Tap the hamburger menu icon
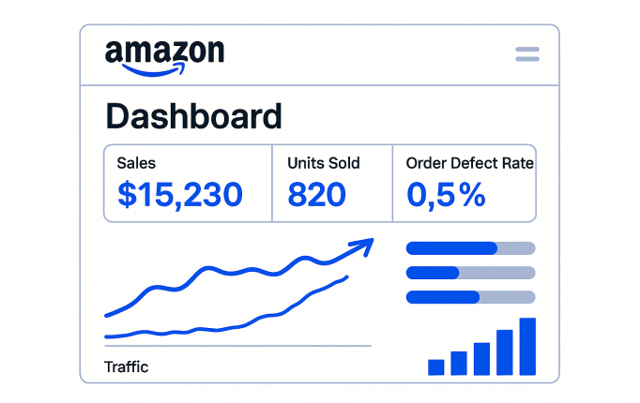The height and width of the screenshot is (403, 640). point(527,54)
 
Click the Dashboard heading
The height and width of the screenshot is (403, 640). point(193,116)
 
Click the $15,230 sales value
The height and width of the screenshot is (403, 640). point(180,194)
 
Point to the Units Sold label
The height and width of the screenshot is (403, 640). point(323,163)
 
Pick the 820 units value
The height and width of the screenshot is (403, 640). point(316,194)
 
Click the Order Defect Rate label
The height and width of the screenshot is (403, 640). point(469,163)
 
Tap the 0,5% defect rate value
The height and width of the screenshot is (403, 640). point(446,194)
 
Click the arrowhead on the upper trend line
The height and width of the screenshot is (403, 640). point(364,246)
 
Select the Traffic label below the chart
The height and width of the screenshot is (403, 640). point(126,366)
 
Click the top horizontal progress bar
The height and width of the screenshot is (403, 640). point(470,248)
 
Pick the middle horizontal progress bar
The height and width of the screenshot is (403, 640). point(470,273)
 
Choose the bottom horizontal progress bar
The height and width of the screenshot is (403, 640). point(470,297)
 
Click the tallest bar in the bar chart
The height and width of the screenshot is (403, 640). point(527,347)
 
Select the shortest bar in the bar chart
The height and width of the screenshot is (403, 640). point(435,366)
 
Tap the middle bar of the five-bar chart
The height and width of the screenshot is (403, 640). point(481,358)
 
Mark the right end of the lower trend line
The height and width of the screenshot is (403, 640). point(346,276)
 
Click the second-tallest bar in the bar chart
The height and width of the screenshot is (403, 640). point(505,352)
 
